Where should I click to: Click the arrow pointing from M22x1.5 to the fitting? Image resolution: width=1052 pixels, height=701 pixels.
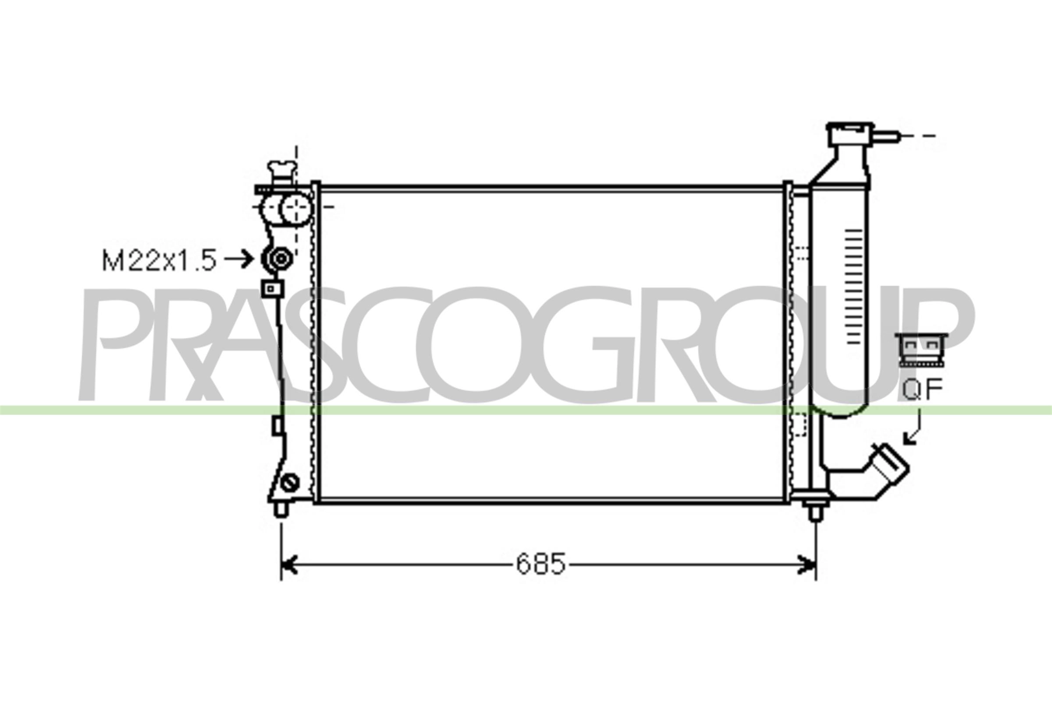(239, 259)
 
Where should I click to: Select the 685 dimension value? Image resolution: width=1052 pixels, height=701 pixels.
(541, 564)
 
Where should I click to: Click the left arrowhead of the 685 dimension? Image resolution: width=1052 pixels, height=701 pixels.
(290, 565)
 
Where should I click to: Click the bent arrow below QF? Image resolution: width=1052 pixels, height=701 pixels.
(914, 428)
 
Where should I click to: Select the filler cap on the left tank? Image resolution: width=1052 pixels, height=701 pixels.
(281, 172)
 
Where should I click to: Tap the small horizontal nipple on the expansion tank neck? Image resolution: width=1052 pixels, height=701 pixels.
(887, 136)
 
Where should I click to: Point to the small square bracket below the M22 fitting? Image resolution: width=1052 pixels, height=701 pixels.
(272, 289)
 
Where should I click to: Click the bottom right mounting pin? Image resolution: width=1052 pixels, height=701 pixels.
(815, 512)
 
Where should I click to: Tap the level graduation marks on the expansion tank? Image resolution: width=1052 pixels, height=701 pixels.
(854, 287)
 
